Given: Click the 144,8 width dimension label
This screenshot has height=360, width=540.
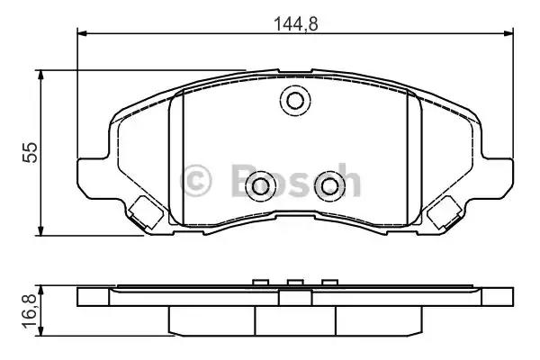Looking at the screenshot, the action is coord(296,24).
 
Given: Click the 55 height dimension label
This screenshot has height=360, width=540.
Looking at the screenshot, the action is coord(30,153).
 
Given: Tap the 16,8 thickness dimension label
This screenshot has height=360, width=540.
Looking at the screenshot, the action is coord(30,311).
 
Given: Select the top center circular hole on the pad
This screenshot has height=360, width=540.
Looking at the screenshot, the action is coord(295,101).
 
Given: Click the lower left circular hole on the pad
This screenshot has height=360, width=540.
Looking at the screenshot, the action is coord(260,186).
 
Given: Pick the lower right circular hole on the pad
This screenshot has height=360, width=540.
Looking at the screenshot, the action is coord(329,186).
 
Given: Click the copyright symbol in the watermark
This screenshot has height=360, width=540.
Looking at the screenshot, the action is coord(196,180).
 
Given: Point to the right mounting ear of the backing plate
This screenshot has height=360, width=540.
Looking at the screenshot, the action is coord(498,178).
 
